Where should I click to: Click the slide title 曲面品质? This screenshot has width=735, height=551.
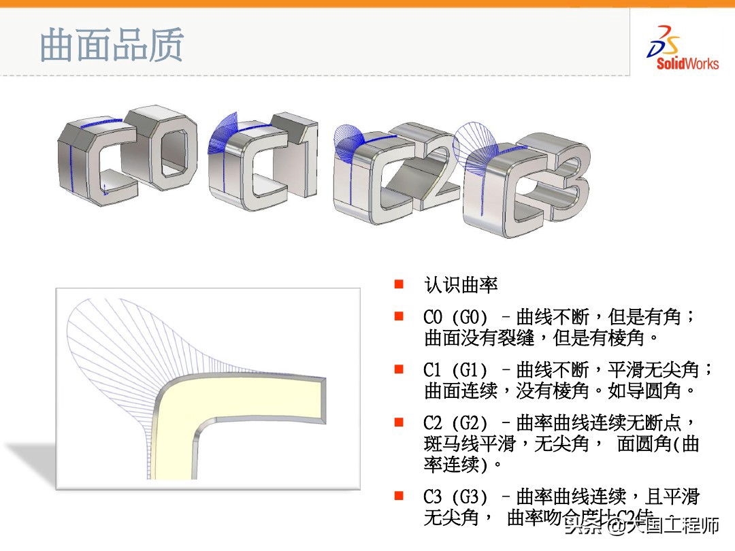(112, 46)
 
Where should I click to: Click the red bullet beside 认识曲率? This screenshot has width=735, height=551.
(399, 284)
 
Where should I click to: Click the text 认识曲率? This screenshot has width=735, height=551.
(461, 284)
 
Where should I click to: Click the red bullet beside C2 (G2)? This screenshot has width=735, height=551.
(399, 422)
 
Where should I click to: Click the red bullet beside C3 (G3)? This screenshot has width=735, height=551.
(399, 496)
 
